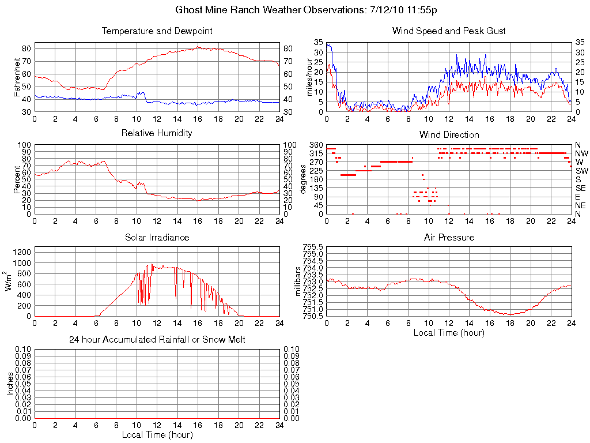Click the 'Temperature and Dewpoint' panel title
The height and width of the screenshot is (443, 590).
pyautogui.click(x=157, y=31)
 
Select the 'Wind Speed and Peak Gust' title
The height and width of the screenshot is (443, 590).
pyautogui.click(x=448, y=31)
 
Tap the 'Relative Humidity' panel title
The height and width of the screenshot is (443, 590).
pyautogui.click(x=157, y=133)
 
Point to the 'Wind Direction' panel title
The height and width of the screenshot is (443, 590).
pyautogui.click(x=448, y=134)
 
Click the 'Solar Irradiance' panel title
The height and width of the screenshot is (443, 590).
pyautogui.click(x=157, y=237)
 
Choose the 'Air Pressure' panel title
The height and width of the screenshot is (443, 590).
pyautogui.click(x=449, y=237)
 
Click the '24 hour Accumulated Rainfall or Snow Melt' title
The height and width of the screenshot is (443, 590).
pyautogui.click(x=157, y=340)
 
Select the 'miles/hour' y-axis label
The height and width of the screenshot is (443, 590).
pyautogui.click(x=309, y=77)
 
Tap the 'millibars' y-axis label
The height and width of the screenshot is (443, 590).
pyautogui.click(x=298, y=281)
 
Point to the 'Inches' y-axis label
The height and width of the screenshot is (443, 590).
pyautogui.click(x=10, y=384)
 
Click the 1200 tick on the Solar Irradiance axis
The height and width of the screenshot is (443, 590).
pyautogui.click(x=22, y=251)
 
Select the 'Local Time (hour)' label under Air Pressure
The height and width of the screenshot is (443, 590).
pyautogui.click(x=449, y=332)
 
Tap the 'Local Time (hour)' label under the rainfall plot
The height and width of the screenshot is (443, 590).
pyautogui.click(x=157, y=434)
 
